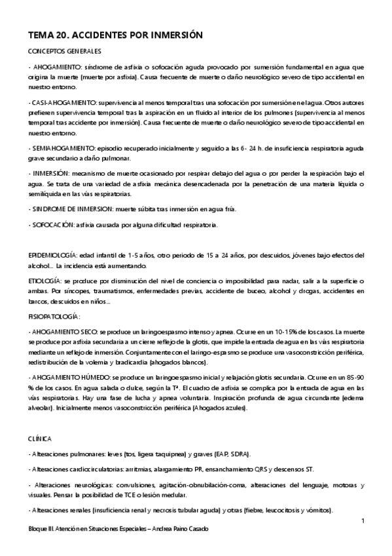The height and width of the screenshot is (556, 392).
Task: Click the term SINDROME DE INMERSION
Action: coord(67,209)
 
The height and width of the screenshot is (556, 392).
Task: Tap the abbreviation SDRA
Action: coord(242,454)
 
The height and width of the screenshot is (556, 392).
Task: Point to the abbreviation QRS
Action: coord(283,469)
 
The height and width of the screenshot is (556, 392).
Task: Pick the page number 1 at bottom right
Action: coord(362,521)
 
